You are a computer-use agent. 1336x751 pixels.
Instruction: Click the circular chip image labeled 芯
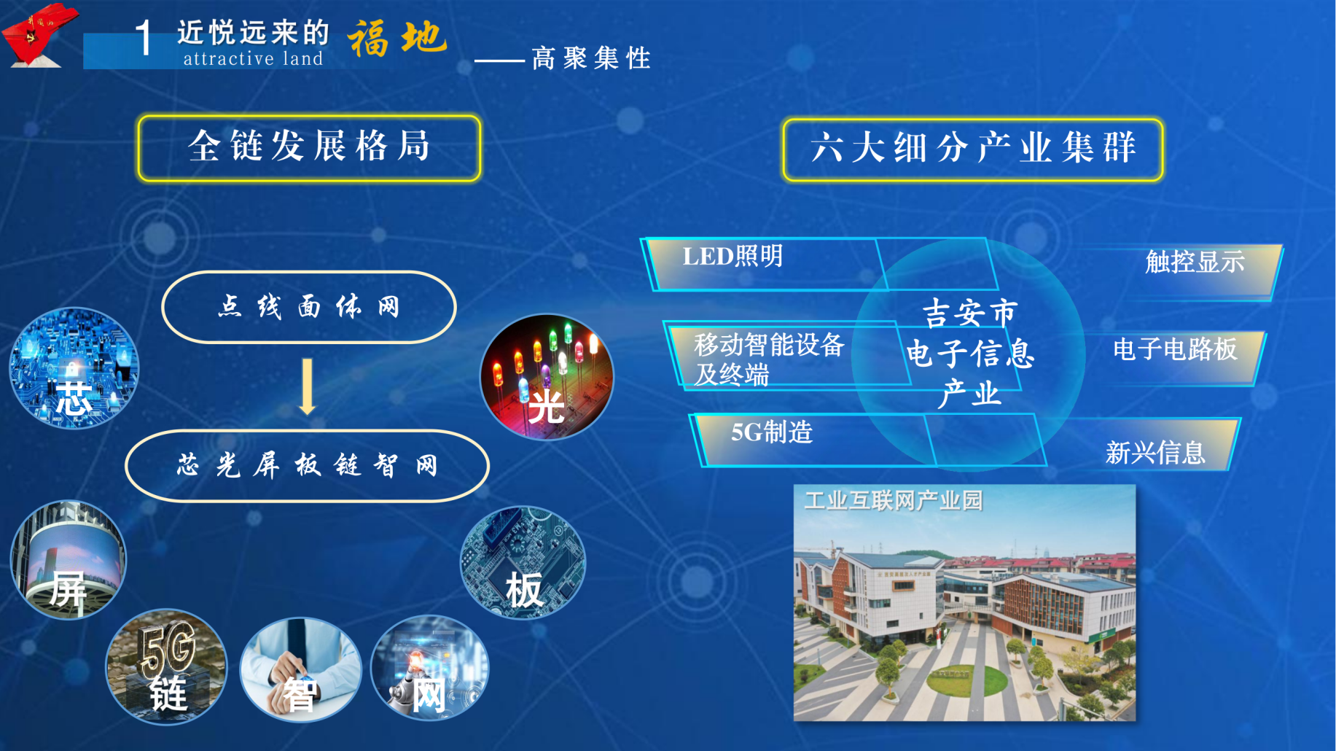click(74, 368)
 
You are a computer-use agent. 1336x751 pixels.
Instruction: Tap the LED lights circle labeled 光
click(547, 377)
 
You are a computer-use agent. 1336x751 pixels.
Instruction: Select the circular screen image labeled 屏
click(68, 560)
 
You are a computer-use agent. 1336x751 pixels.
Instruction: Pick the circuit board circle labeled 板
click(523, 563)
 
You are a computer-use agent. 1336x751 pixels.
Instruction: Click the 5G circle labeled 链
click(167, 666)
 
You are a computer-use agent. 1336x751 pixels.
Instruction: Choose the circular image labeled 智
click(300, 669)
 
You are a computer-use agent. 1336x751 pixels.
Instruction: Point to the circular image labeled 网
click(430, 668)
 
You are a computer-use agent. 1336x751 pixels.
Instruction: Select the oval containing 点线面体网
click(309, 307)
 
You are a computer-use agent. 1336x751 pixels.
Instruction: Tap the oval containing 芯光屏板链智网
click(307, 465)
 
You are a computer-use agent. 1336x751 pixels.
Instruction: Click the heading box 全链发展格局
click(309, 147)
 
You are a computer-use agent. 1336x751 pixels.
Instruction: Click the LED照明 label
click(733, 257)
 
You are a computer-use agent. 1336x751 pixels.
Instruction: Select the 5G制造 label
click(772, 432)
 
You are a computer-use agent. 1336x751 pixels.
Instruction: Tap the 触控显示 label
click(1195, 262)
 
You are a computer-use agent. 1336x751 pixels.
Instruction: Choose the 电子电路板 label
click(1175, 349)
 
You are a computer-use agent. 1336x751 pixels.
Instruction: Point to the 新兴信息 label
click(1155, 453)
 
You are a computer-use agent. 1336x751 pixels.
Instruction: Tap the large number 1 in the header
click(144, 38)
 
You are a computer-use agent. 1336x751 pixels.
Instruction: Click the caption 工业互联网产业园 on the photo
click(894, 501)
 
